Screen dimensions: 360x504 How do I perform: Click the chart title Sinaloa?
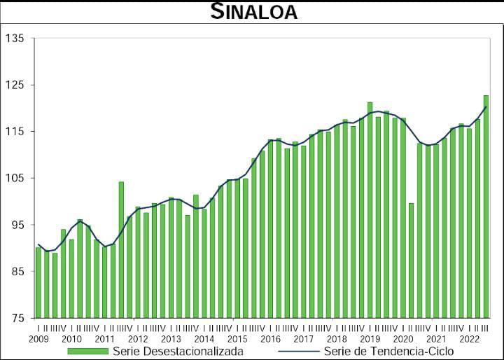pos(253,12)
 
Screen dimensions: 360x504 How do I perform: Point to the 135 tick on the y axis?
pos(15,39)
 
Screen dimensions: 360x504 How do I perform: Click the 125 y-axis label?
pos(15,85)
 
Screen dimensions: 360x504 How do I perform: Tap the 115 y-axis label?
pos(15,132)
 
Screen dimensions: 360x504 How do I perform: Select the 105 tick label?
pos(15,178)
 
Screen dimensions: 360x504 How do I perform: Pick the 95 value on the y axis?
pos(17,225)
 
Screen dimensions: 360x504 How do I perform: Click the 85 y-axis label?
pos(17,272)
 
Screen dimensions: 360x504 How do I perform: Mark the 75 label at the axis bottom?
pos(17,318)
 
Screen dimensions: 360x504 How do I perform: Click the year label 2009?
pos(38,339)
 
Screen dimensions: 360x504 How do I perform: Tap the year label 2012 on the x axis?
pos(138,339)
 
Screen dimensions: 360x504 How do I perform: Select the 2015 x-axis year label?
pos(237,339)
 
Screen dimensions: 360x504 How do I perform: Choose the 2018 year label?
pos(337,339)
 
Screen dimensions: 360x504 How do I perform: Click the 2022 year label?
pos(469,339)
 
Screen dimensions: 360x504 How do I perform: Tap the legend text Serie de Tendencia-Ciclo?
pos(388,351)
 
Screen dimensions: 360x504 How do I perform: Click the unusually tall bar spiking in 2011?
pos(121,249)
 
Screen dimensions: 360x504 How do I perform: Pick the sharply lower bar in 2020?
pos(412,261)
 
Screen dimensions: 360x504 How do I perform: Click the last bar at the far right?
pos(486,207)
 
